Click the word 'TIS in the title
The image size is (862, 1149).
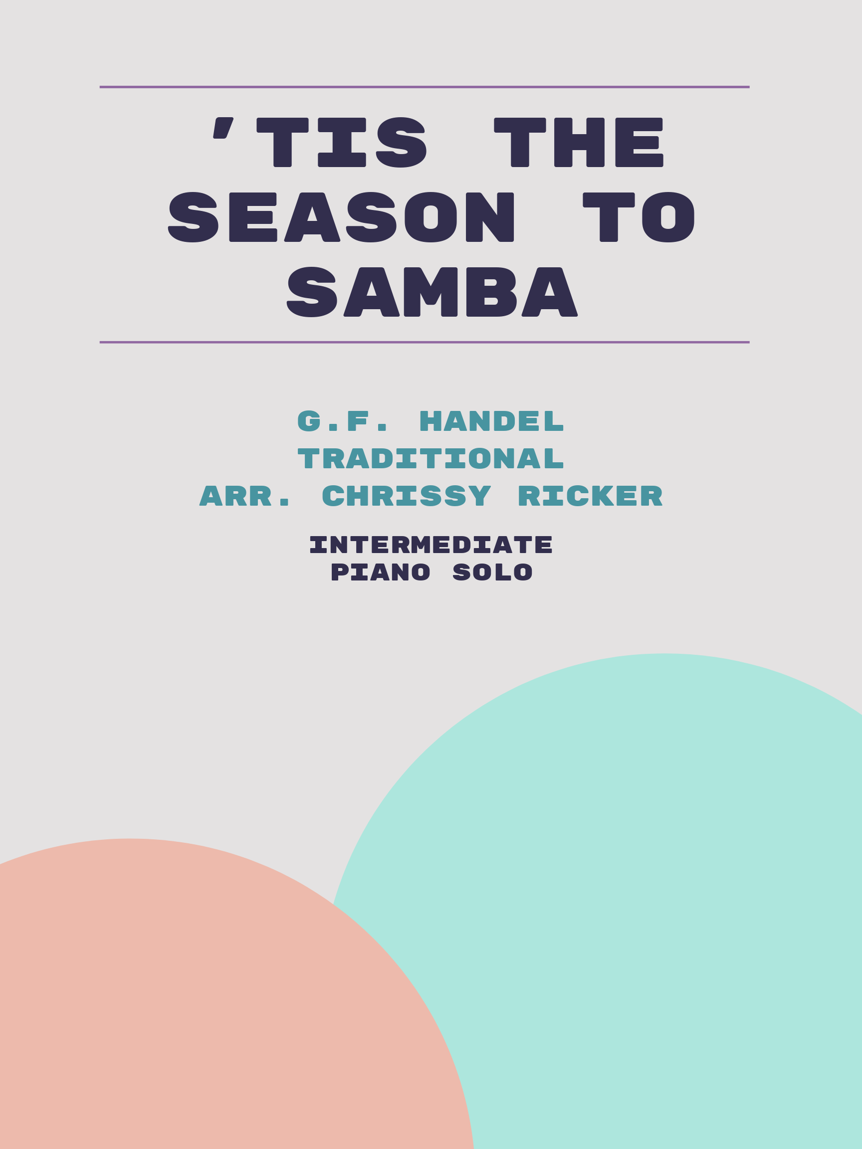[x=320, y=142]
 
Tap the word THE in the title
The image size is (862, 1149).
[x=579, y=142]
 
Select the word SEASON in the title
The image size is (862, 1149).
[x=341, y=217]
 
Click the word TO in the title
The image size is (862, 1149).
[x=639, y=217]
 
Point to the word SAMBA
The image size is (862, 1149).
[x=432, y=292]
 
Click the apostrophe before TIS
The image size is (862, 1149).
[x=223, y=128]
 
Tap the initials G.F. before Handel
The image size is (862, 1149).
[x=342, y=421]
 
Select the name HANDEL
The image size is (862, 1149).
[x=491, y=421]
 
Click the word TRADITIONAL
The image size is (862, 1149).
[x=431, y=459]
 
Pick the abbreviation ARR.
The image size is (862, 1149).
[x=245, y=496]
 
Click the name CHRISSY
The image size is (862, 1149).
[x=407, y=496]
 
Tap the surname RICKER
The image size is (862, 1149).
[x=590, y=496]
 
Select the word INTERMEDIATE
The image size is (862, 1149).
[x=431, y=545]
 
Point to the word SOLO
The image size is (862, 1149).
[x=492, y=573]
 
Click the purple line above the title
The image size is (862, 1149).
[x=425, y=87]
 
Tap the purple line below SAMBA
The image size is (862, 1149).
[x=425, y=342]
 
